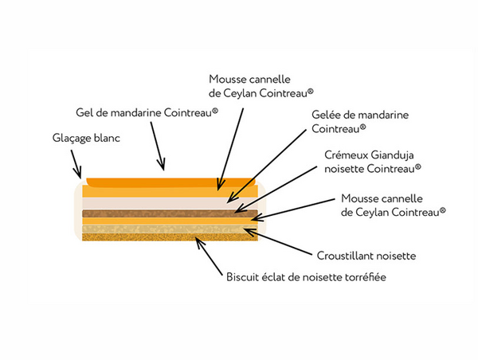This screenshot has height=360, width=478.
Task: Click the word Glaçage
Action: tap(65, 139)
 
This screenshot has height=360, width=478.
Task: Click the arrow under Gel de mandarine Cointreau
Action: tap(159, 152)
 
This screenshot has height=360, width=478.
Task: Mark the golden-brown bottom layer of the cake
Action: tap(159, 236)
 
